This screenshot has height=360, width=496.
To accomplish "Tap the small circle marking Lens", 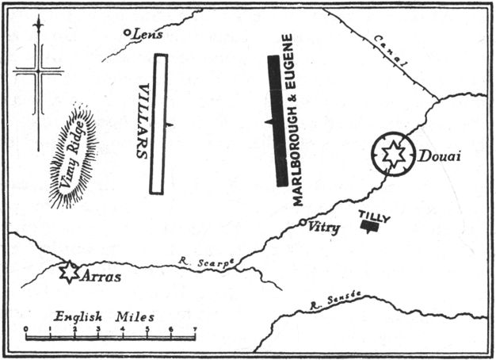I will pos(128,33).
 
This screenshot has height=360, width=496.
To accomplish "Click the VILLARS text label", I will pos(143,121).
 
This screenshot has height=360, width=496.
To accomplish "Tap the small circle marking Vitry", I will pos(303,224).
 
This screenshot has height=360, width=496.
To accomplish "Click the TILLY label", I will pos(374,216).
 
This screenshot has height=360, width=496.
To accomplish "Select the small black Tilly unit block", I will pos(368,227).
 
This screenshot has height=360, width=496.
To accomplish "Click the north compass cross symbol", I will pos(37,75).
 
